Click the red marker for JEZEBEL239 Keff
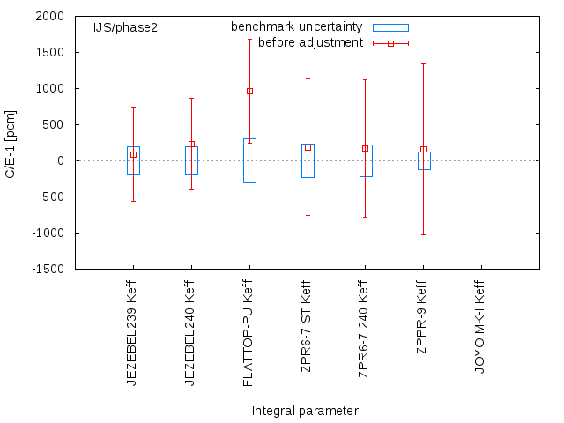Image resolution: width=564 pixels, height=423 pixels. point(133,154)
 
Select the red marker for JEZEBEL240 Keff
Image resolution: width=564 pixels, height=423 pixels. point(191,144)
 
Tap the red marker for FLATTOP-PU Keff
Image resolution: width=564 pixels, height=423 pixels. point(249,91)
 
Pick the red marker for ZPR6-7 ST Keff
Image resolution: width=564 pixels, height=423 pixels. point(308,147)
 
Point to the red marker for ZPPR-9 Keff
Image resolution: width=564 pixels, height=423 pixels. point(423,149)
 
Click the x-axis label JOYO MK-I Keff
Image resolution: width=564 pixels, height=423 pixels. point(480,327)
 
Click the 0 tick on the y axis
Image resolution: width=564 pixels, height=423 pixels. point(61,160)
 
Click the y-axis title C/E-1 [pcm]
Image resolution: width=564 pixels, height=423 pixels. point(11,143)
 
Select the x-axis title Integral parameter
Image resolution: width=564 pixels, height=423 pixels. point(305,411)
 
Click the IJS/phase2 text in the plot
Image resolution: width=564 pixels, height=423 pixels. point(126,27)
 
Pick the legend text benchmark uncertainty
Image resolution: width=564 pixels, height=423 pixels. point(297,27)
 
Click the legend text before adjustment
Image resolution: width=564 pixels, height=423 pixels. point(310,42)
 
